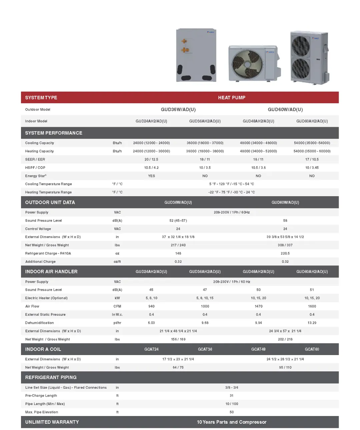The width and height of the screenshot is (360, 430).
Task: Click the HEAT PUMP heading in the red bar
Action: pos(232,98)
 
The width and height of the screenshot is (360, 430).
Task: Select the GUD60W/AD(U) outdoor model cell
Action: pos(285,110)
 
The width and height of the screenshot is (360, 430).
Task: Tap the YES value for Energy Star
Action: pos(151,176)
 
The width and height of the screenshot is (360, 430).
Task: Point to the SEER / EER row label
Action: pos(35,160)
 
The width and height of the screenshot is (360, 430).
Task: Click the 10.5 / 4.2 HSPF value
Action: pos(151,168)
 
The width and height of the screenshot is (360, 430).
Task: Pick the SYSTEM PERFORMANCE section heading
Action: pos(54,133)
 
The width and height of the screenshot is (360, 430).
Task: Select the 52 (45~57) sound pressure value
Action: pos(178,221)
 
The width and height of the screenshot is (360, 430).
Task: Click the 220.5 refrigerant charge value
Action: pos(285,253)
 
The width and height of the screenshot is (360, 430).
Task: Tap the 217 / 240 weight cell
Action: pos(178,245)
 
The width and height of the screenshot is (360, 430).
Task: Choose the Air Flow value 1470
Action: pos(258,306)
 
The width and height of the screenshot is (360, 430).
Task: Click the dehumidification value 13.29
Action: pos(312,323)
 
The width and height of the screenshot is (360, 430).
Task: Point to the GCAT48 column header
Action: pos(258,349)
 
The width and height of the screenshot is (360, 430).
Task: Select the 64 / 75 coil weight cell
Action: pos(178,368)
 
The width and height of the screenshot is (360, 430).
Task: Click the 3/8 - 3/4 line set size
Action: pos(231,388)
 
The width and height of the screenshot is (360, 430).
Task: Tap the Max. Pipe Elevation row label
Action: pos(42,412)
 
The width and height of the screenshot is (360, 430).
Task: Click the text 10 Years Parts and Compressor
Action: pos(231,422)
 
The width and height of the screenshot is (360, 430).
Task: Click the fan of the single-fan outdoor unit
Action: pos(247,64)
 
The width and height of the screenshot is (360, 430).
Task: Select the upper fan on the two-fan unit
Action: pos(301,46)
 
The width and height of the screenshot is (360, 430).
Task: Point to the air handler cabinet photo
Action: pos(196,55)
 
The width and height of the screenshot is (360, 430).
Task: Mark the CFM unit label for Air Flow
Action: pos(117,306)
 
